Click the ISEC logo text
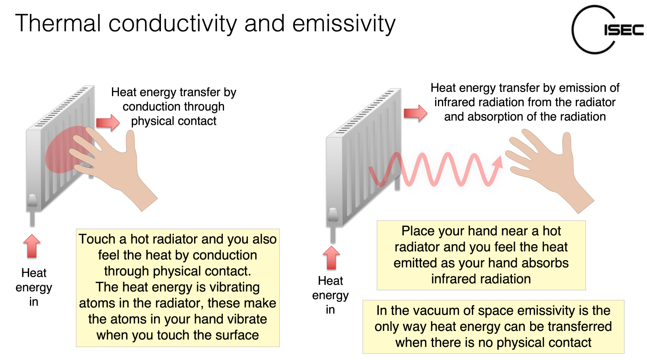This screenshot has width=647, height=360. tap(624, 30)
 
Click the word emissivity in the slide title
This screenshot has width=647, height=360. tap(344, 24)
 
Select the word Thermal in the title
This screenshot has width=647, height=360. tap(58, 23)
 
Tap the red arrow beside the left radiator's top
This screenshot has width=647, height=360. tap(108, 123)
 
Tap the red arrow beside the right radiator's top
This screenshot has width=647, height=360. tap(415, 113)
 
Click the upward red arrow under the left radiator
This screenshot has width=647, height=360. tap(32, 246)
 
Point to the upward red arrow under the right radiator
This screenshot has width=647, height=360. tap(331, 258)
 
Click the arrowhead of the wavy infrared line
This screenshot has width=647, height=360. tap(498, 162)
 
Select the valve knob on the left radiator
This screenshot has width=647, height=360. tap(32, 200)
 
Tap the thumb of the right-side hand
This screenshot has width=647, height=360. tap(567, 143)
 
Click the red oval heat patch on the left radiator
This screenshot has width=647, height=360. tap(65, 150)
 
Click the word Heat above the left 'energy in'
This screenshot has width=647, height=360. tap(34, 273)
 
